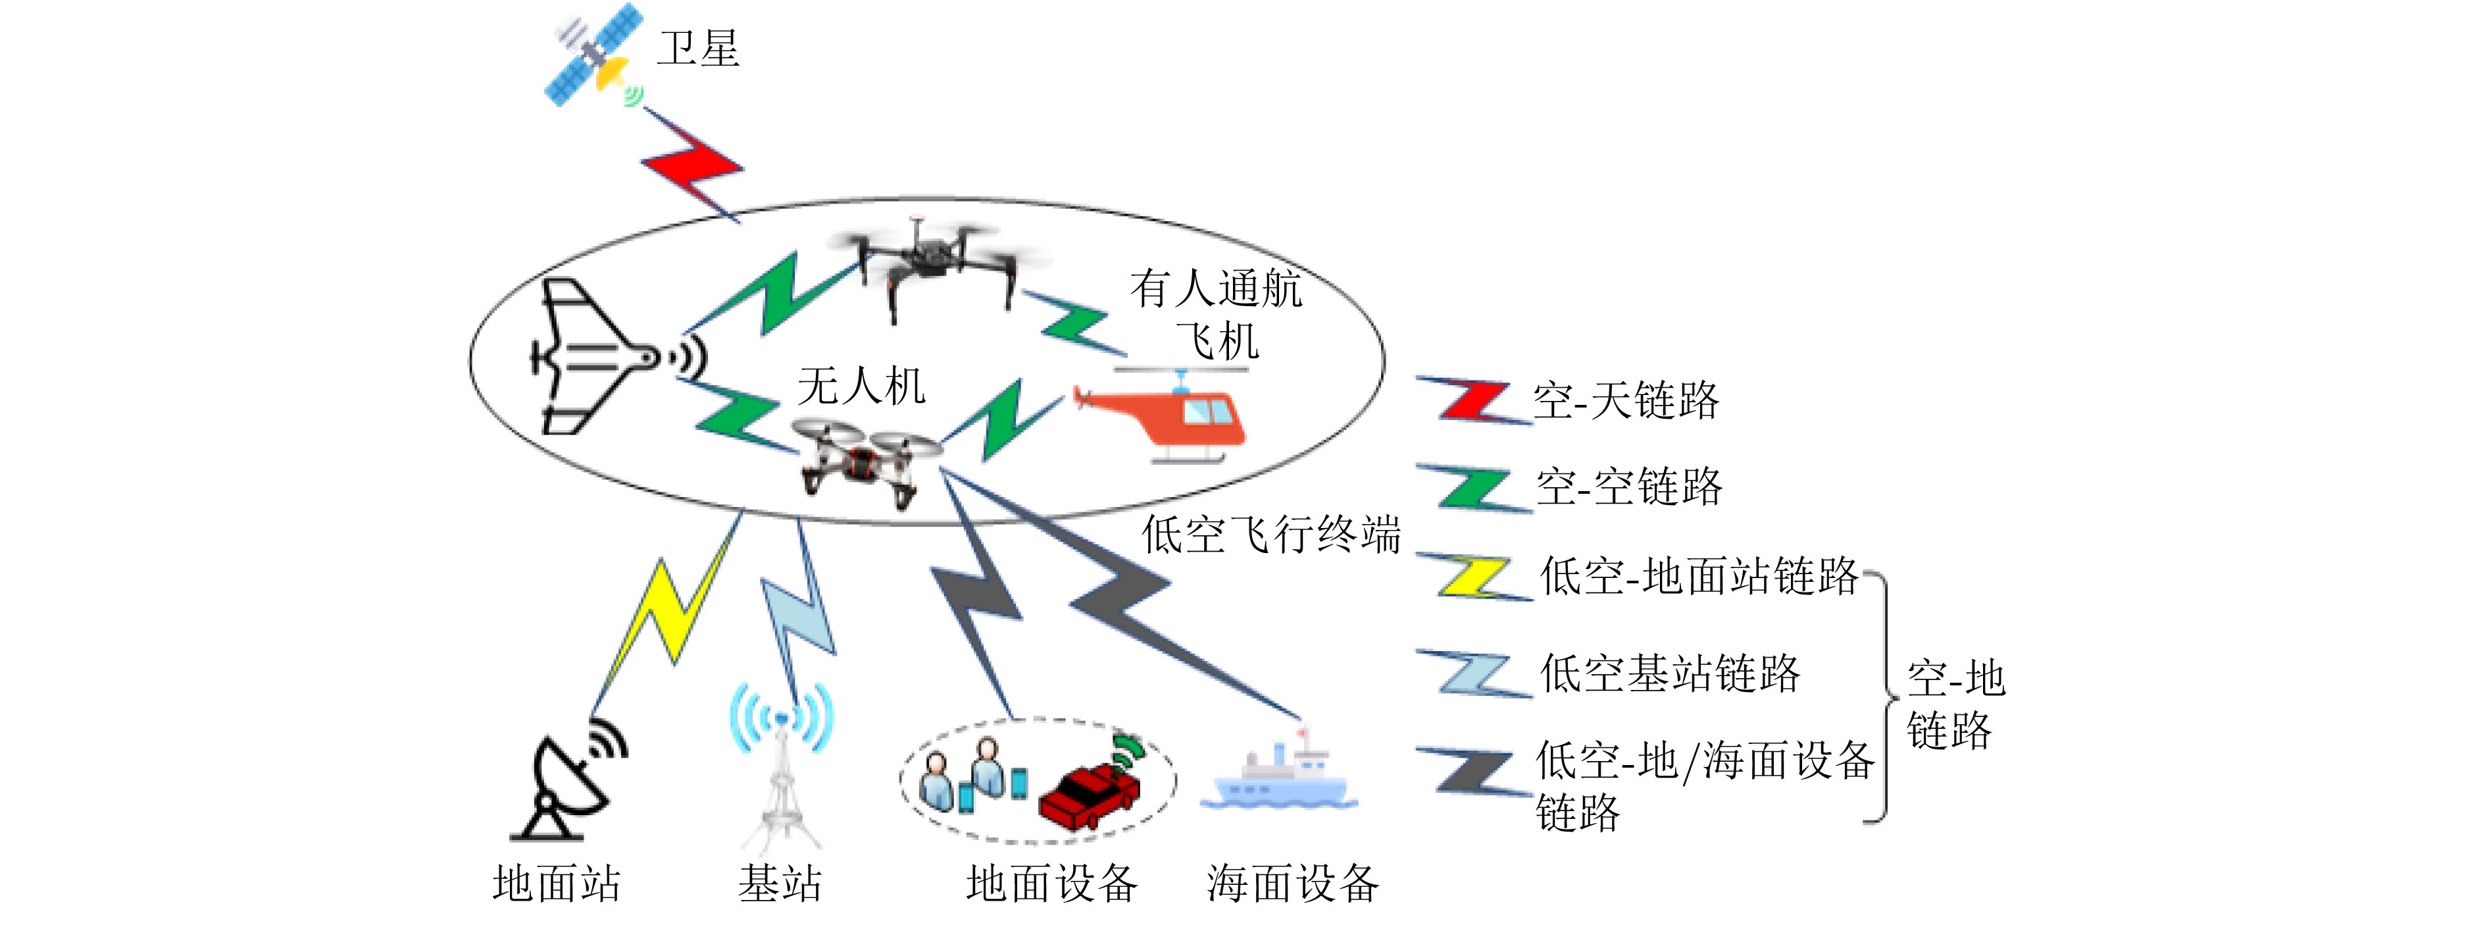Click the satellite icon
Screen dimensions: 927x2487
pos(593,56)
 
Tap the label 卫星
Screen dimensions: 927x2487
pos(698,48)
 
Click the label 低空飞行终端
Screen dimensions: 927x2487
pos(1270,534)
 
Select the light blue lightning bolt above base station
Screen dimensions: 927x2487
pos(797,618)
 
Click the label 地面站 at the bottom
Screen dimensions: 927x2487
pos(557,884)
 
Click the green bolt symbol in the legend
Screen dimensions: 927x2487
pos(1473,489)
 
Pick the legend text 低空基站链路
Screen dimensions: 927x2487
pos(1671,673)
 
